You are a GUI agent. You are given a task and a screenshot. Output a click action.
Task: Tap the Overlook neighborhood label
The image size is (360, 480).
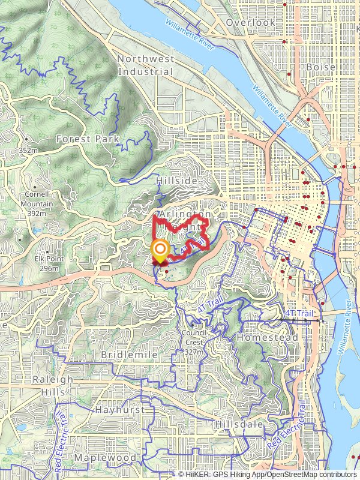click(x=250, y=23)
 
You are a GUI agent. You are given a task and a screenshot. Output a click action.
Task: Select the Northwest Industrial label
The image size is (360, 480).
click(x=146, y=65)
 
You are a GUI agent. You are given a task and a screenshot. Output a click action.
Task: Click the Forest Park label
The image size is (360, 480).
click(x=88, y=139)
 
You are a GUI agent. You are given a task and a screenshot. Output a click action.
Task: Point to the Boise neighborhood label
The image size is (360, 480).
click(x=317, y=68)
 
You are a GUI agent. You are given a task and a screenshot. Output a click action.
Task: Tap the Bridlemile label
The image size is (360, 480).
click(x=129, y=355)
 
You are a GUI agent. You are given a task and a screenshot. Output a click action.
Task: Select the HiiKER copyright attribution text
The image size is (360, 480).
click(x=268, y=475)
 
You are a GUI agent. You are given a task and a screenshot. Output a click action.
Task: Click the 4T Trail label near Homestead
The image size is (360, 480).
click(x=298, y=314)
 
